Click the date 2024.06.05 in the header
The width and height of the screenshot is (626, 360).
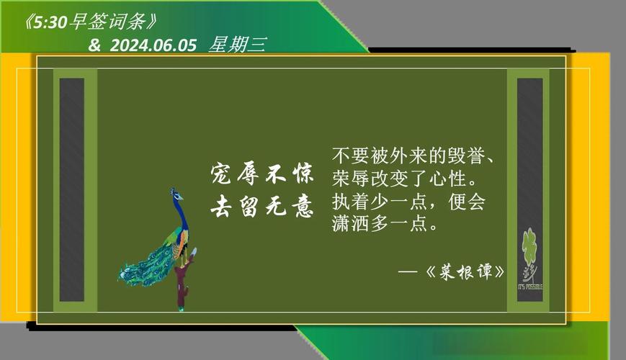point(153,45)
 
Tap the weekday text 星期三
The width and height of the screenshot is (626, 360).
point(237,45)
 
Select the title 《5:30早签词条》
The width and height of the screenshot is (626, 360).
point(90,22)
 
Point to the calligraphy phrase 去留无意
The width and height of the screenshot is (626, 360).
point(262,207)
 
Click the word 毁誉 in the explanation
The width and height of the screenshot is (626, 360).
point(470,156)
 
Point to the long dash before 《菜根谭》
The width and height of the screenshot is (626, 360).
point(408,273)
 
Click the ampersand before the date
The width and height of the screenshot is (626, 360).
point(94,45)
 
